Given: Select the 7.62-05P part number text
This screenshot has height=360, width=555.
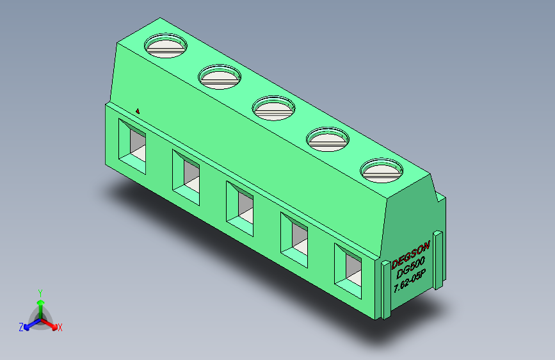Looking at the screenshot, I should (414, 282).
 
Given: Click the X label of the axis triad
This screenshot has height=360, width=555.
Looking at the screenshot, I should (60, 327).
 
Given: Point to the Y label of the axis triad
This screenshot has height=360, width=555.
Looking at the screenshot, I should (40, 291).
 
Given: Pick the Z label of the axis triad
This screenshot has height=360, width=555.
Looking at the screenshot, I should (21, 327).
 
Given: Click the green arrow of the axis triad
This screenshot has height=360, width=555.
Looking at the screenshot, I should (40, 304).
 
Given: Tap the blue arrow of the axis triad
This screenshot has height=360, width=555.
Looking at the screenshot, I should (29, 323).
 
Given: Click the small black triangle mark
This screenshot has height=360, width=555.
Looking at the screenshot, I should (138, 110).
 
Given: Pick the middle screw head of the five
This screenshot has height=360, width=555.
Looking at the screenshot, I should (273, 107).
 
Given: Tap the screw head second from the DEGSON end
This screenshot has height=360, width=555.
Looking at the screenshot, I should (328, 138).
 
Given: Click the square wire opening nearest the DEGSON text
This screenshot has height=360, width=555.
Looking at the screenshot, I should (349, 268).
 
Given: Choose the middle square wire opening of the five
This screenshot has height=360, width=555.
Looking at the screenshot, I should (241, 206).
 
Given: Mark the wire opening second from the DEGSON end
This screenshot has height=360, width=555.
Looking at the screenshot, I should (295, 236).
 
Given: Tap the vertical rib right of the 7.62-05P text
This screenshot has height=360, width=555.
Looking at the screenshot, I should (439, 259).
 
